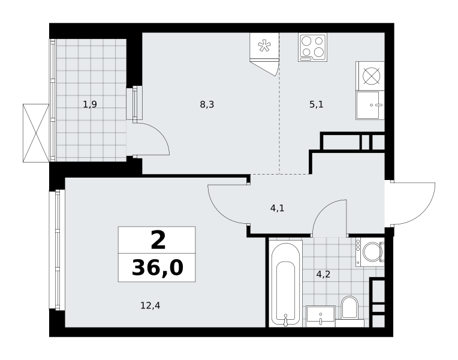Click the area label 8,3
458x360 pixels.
207,104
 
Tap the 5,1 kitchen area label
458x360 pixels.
317,104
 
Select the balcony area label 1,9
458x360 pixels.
90,104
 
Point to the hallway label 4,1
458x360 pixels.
277,209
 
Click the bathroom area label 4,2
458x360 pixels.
323,274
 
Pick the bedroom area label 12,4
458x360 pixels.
150,305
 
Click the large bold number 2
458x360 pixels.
158,240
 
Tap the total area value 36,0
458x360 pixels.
158,268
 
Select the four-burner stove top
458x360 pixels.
312,47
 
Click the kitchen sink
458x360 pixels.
370,105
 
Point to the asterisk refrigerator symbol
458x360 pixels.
264,46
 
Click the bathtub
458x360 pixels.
285,283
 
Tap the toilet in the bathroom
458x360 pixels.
349,308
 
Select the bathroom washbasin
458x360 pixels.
321,316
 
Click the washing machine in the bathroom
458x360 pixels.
370,252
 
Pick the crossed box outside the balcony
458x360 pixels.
36,133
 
